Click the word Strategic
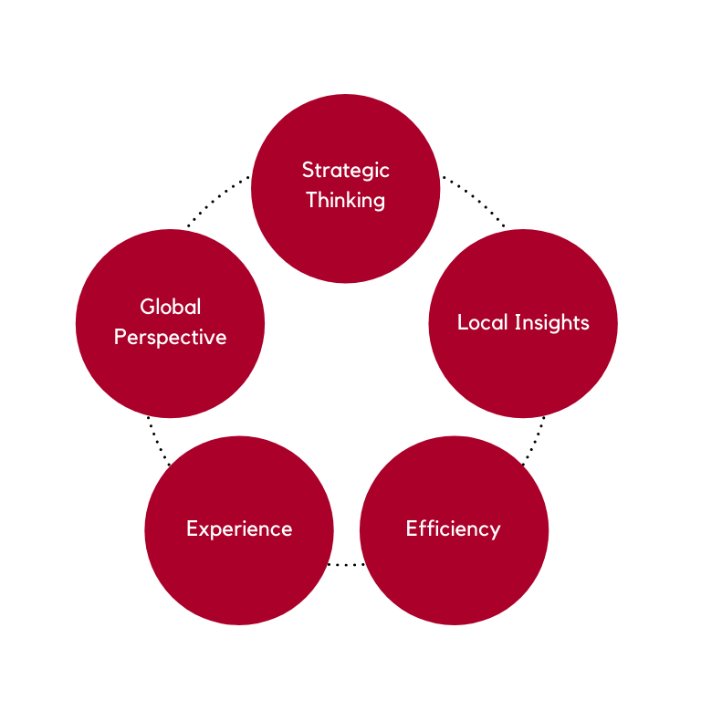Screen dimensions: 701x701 click(x=345, y=171)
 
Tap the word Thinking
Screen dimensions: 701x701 click(x=345, y=201)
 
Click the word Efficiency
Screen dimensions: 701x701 click(x=453, y=529)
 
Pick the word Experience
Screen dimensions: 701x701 click(x=239, y=529)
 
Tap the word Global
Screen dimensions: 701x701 click(x=171, y=307)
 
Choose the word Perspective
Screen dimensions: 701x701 click(x=171, y=338)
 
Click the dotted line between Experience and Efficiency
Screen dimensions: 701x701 click(x=346, y=565)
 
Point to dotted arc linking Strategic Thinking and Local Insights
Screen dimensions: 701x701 click(x=475, y=196)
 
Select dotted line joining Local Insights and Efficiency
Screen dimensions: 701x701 click(x=535, y=442)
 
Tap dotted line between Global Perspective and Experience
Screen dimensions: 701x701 click(x=158, y=442)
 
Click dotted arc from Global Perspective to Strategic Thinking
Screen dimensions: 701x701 click(x=216, y=196)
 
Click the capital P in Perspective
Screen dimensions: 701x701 click(x=120, y=337)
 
